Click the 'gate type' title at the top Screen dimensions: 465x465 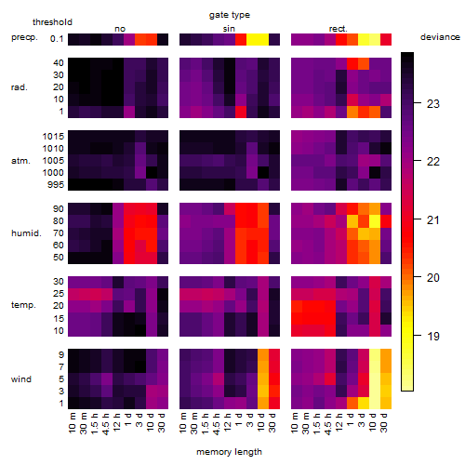230,15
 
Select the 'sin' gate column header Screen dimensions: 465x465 229,29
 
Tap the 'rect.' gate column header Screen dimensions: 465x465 339,29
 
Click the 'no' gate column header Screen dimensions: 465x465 120,29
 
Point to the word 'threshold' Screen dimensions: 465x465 52,22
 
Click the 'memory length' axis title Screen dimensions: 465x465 229,452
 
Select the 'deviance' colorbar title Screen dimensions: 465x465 440,37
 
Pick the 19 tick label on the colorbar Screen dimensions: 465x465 433,336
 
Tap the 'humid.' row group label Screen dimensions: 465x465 26,233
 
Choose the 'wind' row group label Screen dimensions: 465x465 21,379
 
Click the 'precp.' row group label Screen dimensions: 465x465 24,37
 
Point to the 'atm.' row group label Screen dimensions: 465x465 20,161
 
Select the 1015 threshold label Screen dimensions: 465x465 53,137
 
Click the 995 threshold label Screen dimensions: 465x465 56,185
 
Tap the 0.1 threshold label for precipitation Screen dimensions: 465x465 57,39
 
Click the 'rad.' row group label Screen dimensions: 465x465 20,87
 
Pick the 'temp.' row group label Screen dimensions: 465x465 23,305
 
